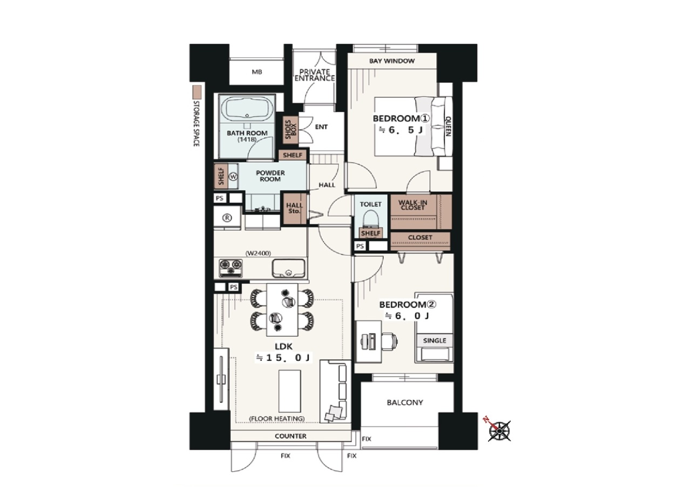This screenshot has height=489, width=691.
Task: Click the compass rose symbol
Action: [x=499, y=431]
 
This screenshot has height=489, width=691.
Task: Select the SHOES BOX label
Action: [x=290, y=129]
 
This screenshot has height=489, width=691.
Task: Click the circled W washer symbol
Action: [x=234, y=177]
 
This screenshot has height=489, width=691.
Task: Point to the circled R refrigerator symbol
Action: [x=227, y=218]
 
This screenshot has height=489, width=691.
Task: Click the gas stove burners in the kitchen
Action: [x=231, y=268]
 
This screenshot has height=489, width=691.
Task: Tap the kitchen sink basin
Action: [x=288, y=269]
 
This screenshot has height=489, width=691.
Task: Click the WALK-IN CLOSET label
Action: [x=413, y=205]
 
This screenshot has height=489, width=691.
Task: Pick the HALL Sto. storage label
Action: [x=294, y=208]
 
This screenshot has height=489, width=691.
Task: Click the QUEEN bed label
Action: [x=448, y=126]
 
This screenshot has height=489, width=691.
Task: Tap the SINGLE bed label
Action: [x=435, y=340]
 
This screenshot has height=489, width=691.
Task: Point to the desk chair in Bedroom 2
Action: [x=390, y=341]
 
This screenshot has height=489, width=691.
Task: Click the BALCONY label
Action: [x=405, y=403]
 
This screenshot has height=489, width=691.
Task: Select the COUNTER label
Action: [x=290, y=436]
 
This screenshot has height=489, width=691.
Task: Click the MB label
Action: [x=257, y=72]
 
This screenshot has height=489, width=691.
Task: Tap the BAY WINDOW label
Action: [x=392, y=61]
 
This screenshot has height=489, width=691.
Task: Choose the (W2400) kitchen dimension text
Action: [x=258, y=253]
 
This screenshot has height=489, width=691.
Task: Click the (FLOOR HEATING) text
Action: [x=277, y=419]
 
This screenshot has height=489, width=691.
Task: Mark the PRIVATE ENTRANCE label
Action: [x=315, y=75]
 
